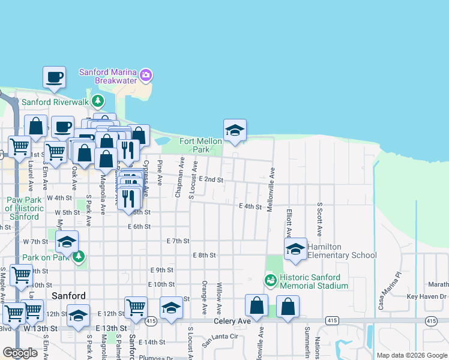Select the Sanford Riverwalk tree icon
coord(97,101)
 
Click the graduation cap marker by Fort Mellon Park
coord(235,130)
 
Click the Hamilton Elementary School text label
coord(342,251)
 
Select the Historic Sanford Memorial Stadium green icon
coord(270,280)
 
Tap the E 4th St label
coord(250,206)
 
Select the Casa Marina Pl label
coord(381,292)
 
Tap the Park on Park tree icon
coord(78,257)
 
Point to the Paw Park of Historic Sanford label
coord(25,208)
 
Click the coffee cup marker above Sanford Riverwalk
coord(54,77)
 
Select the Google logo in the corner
coord(20,353)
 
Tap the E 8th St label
coord(204,255)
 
